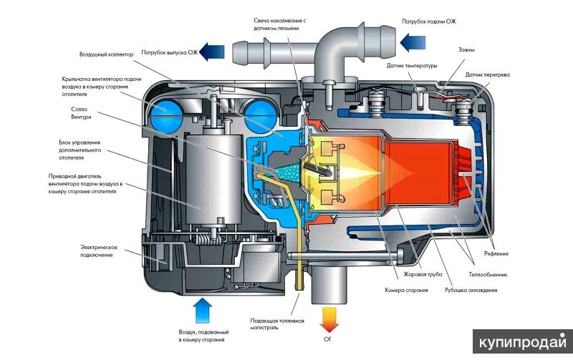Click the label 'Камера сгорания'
point(405,290)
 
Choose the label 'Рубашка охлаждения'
point(471,290)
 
